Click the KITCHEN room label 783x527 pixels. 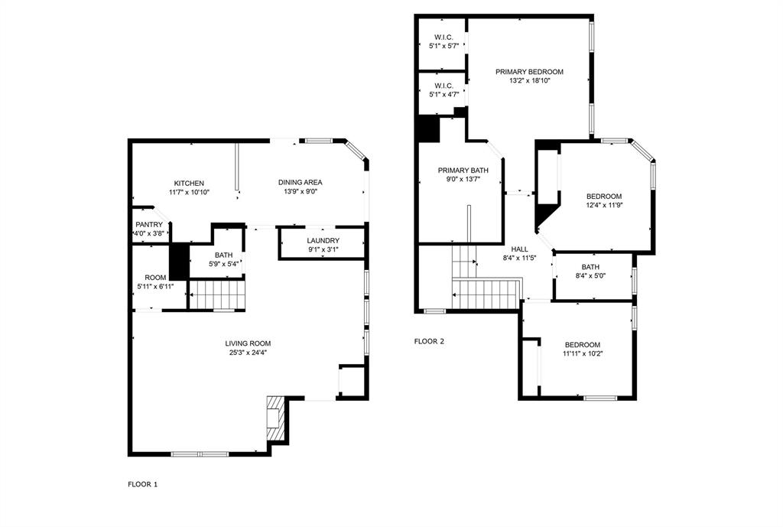(x=189, y=183)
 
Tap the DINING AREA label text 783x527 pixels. (x=299, y=182)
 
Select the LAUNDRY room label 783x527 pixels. (x=323, y=240)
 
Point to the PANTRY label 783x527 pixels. (x=149, y=224)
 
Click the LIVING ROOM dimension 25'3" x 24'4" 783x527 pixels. (x=248, y=353)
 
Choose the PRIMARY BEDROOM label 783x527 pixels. (x=529, y=72)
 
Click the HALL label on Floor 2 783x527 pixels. (x=519, y=249)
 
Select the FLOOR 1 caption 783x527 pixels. (x=142, y=484)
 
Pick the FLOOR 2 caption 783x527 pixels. (x=429, y=341)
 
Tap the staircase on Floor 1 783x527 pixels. (x=217, y=294)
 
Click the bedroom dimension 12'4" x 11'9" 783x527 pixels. (x=603, y=205)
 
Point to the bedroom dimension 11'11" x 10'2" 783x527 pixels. (x=582, y=353)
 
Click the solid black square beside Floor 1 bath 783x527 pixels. (x=178, y=261)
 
